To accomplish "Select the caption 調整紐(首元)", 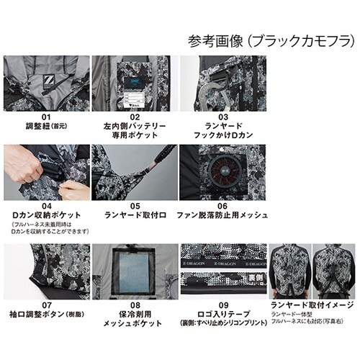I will (x=46, y=126).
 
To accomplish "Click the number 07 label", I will (x=46, y=305).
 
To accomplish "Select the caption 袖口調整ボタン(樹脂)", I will (x=46, y=315).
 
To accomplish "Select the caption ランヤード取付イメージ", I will (x=312, y=305).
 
